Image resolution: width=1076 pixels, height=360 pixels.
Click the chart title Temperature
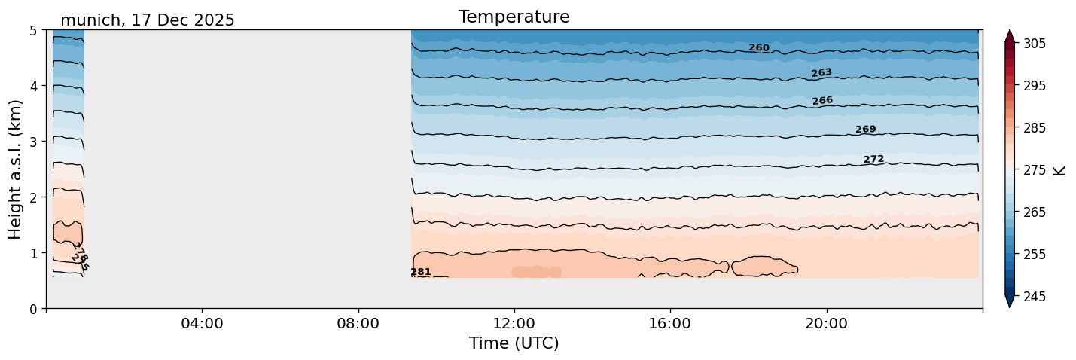[x=514, y=17]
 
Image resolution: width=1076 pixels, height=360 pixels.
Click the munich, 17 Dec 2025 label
[x=147, y=20]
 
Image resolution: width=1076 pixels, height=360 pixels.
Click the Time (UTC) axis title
[x=514, y=343]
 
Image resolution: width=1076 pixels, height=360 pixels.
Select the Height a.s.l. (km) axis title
[x=16, y=169]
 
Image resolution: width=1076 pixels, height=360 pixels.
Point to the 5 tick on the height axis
[x=34, y=31]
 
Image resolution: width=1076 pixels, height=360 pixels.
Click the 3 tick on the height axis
[x=34, y=142]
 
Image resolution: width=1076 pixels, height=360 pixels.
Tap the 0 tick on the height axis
[x=34, y=309]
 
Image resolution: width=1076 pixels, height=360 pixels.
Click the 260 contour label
[x=758, y=48]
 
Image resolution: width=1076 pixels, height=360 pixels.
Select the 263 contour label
[x=821, y=73]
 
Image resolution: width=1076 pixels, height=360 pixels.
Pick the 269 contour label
[x=865, y=130]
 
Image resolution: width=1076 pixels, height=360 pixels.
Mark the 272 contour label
[x=873, y=159]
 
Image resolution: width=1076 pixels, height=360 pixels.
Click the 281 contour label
[x=420, y=272]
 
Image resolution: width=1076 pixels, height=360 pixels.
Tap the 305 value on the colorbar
[x=1032, y=44]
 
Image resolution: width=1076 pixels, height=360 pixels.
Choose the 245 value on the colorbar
[x=1032, y=297]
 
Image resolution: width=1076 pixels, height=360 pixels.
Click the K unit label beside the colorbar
[x=1059, y=170]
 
